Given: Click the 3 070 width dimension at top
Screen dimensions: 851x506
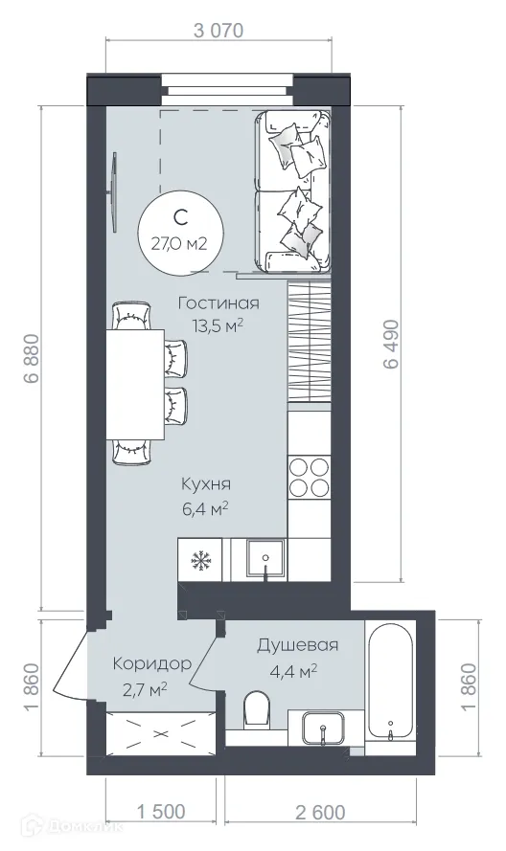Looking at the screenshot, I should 219,30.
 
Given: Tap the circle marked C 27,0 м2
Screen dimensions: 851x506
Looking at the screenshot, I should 179,229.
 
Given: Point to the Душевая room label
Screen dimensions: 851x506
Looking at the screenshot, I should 296,645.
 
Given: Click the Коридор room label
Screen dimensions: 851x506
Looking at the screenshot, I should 150,663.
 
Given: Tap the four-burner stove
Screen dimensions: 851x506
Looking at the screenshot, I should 310,477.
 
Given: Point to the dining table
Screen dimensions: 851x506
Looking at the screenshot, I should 135,383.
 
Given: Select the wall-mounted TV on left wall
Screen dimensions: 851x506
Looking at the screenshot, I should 114,191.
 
